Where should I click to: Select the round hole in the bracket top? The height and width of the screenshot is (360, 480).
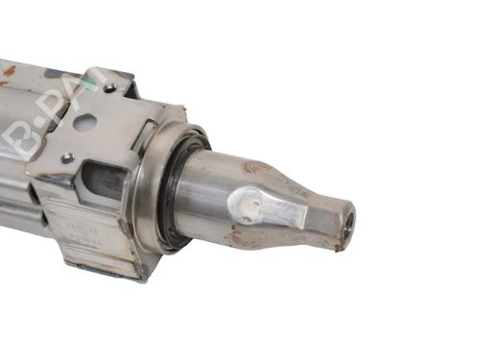84,123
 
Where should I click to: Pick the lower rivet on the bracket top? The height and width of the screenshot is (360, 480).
67,157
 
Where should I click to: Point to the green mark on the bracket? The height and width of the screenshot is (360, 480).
90,84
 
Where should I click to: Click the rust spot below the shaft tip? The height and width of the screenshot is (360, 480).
338,246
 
